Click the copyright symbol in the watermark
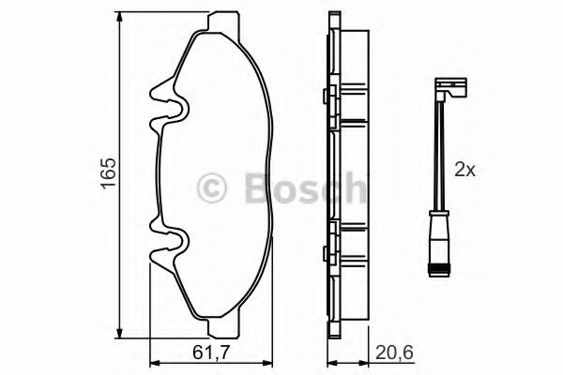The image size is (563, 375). pos(215,188)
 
